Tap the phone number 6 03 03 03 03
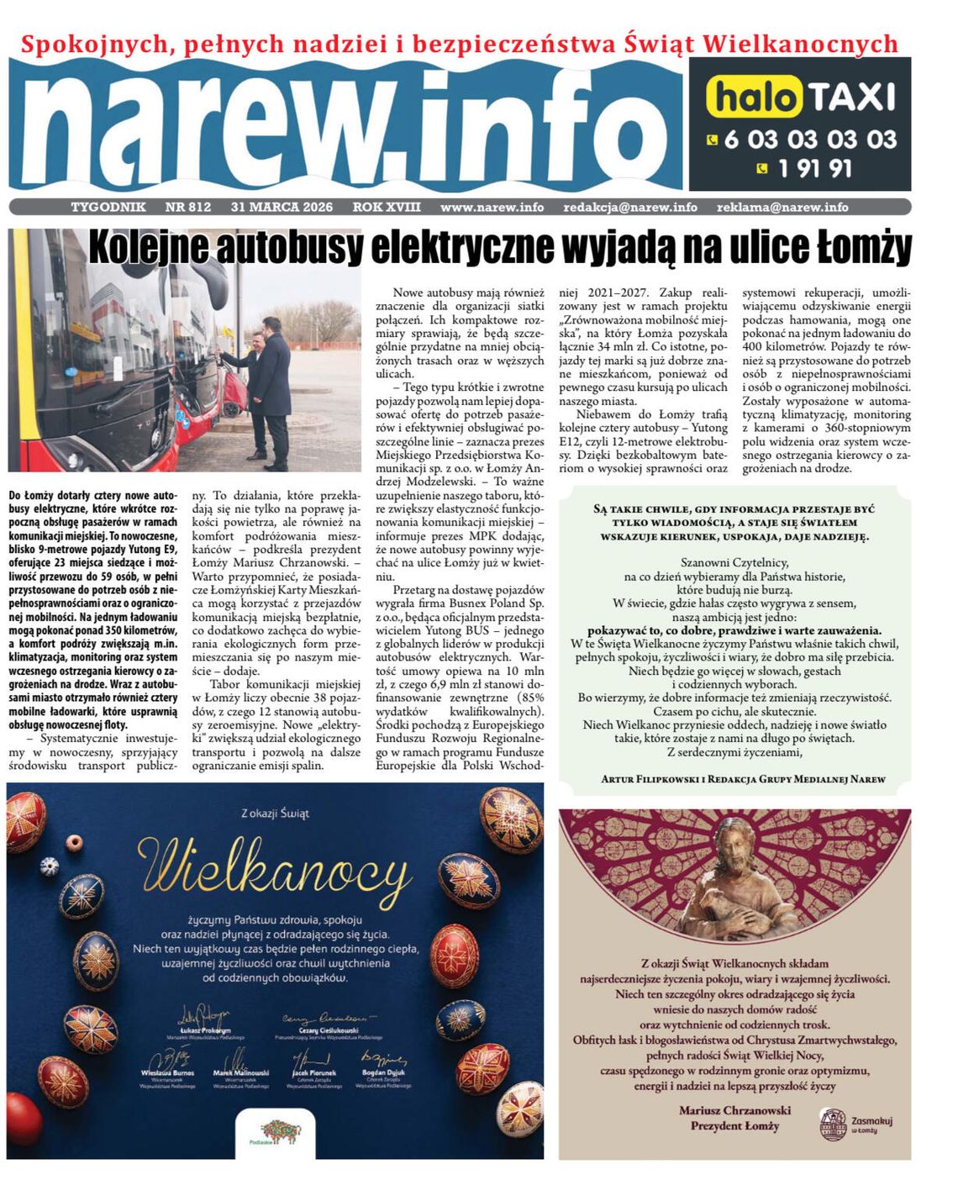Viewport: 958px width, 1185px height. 810,139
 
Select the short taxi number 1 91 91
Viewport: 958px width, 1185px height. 814,169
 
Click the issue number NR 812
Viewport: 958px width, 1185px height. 188,207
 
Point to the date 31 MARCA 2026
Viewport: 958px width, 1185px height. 282,207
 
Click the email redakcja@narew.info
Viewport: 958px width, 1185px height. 630,207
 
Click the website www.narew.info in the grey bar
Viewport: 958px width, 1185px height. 492,207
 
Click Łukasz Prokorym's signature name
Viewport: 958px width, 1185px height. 205,1030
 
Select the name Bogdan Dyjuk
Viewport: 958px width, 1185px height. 383,1073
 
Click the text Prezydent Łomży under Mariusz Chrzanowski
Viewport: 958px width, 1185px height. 734,1126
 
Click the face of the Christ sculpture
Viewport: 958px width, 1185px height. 734,856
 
